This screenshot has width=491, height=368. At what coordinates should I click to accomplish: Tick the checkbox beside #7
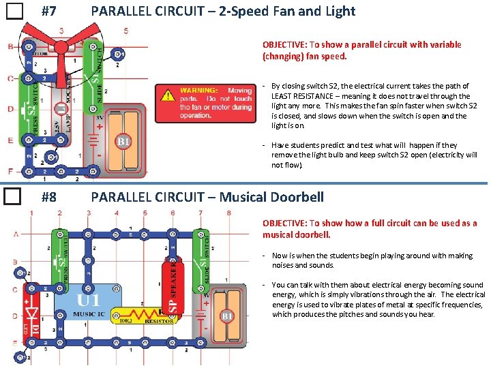pos(14,12)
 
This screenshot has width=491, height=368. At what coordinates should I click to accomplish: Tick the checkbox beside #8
pos(14,198)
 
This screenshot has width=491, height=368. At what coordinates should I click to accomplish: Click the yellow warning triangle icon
pos(167,96)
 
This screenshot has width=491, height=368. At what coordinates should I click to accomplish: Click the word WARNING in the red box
pos(198,91)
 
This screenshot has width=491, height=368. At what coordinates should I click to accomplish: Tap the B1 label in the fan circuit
pos(123,142)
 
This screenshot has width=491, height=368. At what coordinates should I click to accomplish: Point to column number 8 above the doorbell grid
pos(228,213)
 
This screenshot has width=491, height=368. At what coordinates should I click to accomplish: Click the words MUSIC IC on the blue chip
pos(89,313)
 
